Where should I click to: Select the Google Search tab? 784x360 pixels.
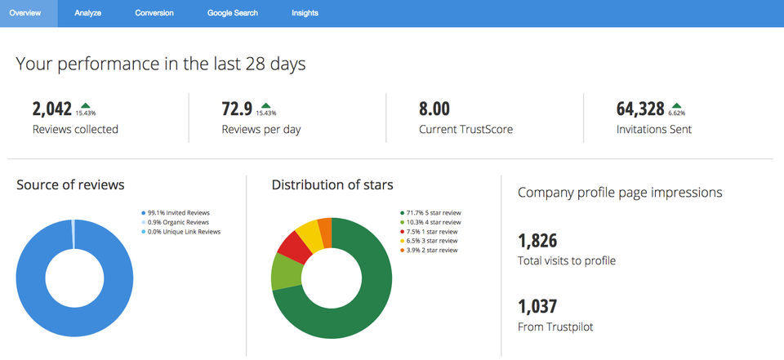(233, 13)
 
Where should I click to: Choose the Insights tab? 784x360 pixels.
(305, 13)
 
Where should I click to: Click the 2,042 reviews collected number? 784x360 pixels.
(52, 109)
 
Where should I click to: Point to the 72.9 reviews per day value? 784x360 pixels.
(237, 109)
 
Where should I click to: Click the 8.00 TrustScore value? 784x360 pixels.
(434, 109)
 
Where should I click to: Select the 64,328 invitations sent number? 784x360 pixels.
(639, 109)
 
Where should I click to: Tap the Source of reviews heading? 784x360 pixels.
(70, 185)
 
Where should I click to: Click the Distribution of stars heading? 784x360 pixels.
(332, 185)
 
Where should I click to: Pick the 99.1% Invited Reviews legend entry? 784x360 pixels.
(180, 212)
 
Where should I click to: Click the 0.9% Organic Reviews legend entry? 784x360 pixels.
(180, 222)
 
